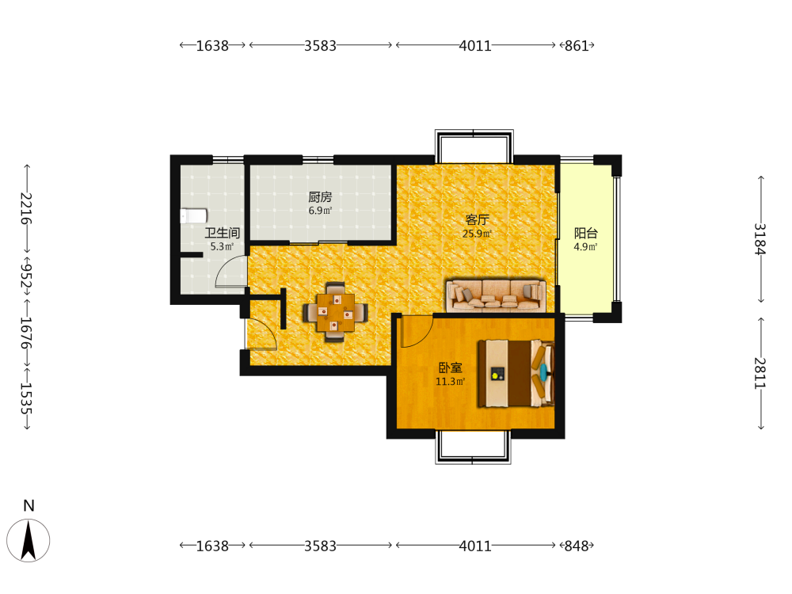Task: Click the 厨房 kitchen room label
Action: pos(320,197)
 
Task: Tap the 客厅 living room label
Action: pos(478,219)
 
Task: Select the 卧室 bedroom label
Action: pos(450,367)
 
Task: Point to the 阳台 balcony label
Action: pos(586,233)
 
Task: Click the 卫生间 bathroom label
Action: pos(223,233)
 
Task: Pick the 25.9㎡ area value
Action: pos(478,234)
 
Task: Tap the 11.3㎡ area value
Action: pos(450,382)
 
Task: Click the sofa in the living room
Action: pos(496,295)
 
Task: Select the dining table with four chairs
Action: pos(335,313)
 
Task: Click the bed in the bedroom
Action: pos(516,373)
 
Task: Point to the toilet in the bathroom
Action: pos(193,216)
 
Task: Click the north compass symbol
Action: pos(29,540)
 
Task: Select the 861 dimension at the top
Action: pos(577,45)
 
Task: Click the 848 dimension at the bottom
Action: pos(577,546)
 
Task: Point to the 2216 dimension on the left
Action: pos(26,208)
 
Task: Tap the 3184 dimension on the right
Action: pos(760,239)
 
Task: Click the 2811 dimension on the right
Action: pos(760,373)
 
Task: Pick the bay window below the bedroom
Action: pos(474,447)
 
